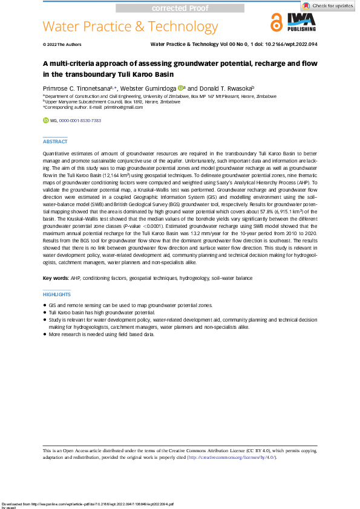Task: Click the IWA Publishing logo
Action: pyautogui.click(x=301, y=22)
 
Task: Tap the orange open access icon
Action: pyautogui.click(x=277, y=22)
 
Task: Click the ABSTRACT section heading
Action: pyautogui.click(x=55, y=141)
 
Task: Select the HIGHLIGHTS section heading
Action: pyautogui.click(x=57, y=294)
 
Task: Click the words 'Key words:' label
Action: pyautogui.click(x=56, y=278)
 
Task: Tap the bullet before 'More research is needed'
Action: pyautogui.click(x=45, y=334)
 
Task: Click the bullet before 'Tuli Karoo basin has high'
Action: pyautogui.click(x=45, y=313)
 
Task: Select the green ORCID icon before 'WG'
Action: pyautogui.click(x=45, y=121)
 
